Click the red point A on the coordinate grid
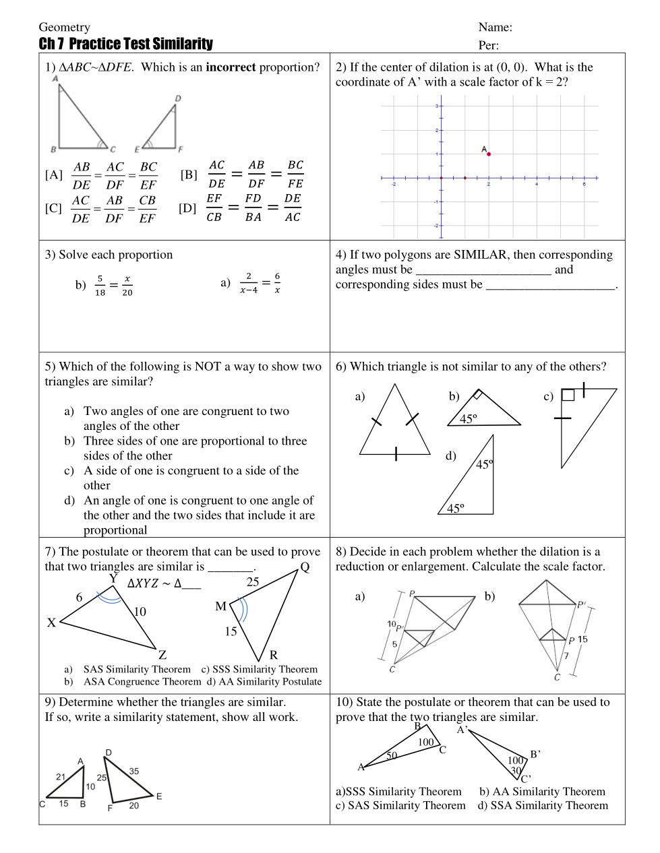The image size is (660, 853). (489, 154)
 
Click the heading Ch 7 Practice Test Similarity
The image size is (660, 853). (125, 44)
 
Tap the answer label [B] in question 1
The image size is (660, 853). (189, 175)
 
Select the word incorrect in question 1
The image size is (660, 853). (231, 67)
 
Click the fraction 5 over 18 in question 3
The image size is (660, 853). (100, 285)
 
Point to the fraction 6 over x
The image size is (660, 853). (277, 283)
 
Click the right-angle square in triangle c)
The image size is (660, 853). (568, 396)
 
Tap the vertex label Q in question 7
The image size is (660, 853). (305, 567)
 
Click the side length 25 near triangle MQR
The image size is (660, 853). (253, 582)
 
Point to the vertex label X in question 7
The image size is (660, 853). (51, 623)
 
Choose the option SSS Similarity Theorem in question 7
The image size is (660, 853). (264, 669)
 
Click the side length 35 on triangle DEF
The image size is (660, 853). (134, 771)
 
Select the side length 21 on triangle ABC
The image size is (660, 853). (61, 777)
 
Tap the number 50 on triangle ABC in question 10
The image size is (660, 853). (392, 755)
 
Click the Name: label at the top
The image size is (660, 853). (496, 28)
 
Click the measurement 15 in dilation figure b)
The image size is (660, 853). (582, 639)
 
